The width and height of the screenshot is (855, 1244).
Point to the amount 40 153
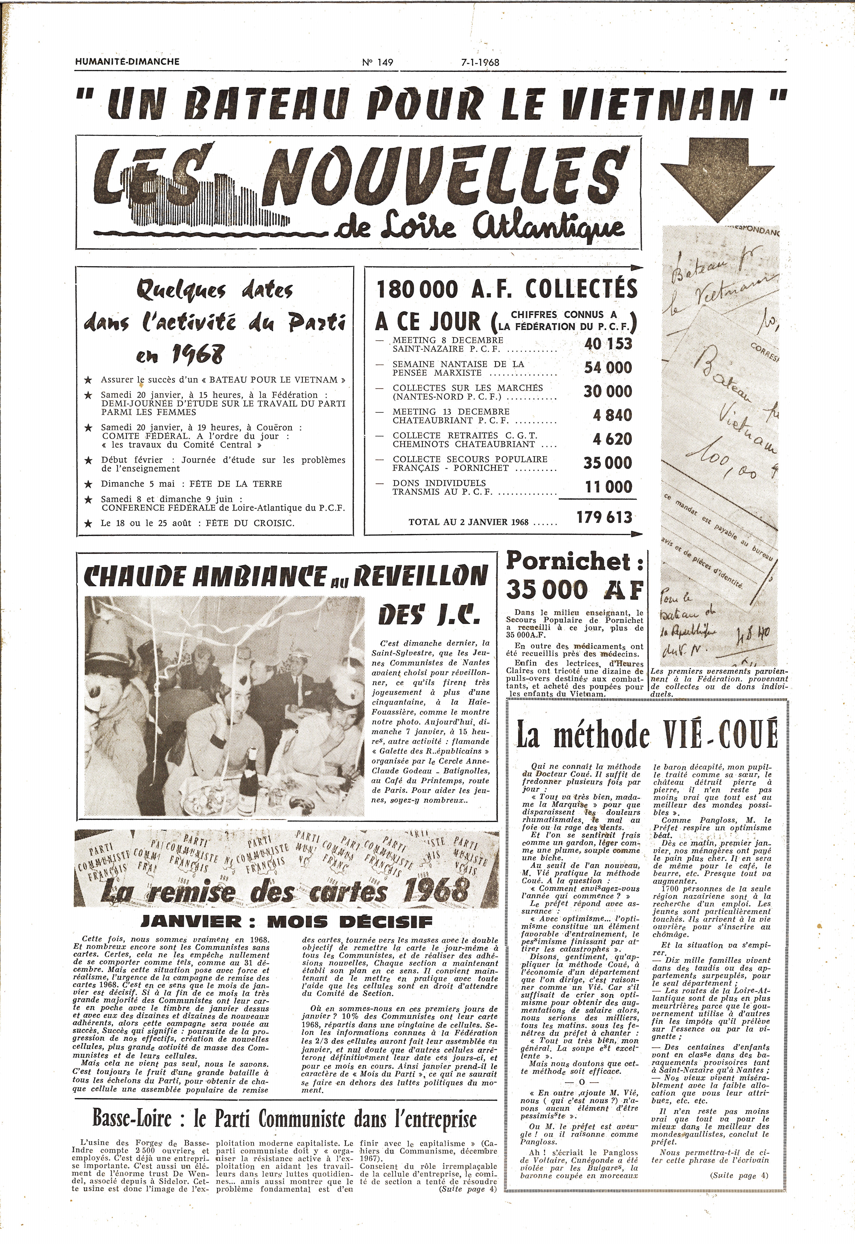(x=608, y=344)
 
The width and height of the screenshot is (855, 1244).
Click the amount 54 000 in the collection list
(x=608, y=367)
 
